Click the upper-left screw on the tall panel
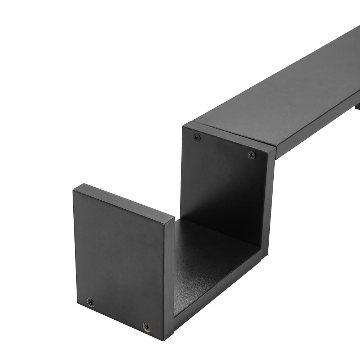click(197, 137)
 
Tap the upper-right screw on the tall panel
click(252, 155)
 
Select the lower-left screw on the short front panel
click(91, 302)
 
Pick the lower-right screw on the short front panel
click(146, 327)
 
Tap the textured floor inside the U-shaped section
click(209, 259)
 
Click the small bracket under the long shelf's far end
click(357, 106)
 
